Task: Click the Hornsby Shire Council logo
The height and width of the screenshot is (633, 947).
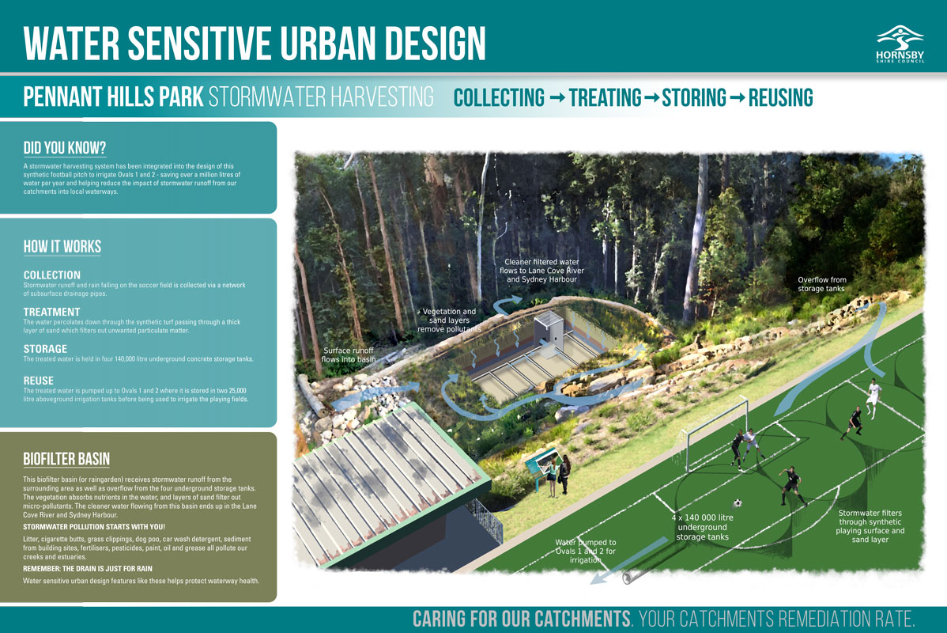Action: click(x=900, y=44)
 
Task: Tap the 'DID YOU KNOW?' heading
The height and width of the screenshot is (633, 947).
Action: click(x=65, y=148)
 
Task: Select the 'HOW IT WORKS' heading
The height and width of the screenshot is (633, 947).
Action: click(x=62, y=247)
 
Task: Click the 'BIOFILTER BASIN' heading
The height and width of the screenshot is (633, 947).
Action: click(x=66, y=459)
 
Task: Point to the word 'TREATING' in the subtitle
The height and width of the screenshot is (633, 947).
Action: click(x=605, y=98)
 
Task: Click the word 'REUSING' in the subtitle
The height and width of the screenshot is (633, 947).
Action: click(x=780, y=98)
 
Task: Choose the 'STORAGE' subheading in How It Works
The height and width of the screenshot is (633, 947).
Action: click(x=45, y=349)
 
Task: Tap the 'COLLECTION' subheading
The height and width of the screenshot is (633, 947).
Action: click(x=52, y=275)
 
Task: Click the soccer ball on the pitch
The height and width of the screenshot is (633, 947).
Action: click(x=738, y=503)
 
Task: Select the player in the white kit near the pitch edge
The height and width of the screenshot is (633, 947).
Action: click(x=872, y=398)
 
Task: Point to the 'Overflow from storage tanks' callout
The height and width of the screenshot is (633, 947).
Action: click(x=821, y=284)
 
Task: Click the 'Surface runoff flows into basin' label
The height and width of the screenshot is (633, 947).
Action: click(x=349, y=355)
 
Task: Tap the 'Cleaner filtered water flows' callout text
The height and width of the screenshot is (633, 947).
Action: click(x=541, y=271)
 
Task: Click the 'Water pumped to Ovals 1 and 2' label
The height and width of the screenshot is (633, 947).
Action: click(x=586, y=551)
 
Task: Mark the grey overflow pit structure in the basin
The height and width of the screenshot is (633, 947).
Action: click(x=549, y=332)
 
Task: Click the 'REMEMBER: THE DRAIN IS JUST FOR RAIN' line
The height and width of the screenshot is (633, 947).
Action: click(x=88, y=569)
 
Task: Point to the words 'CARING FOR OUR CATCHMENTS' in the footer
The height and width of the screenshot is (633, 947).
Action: click(x=522, y=619)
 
